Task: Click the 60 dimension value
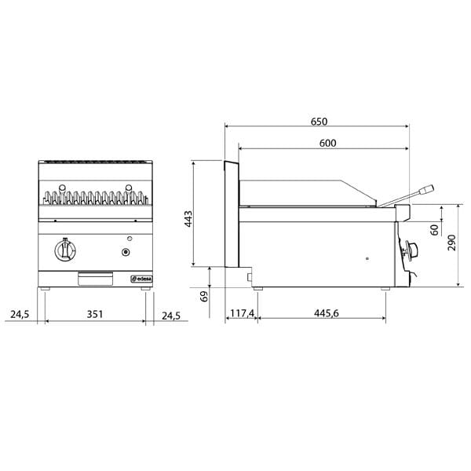pos(434,230)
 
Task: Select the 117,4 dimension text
pos(242,314)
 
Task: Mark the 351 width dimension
pos(94,314)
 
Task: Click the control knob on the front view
pos(64,252)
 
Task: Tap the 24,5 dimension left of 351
pos(19,314)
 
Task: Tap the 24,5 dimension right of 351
pos(170,314)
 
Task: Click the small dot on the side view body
pos(367,257)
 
